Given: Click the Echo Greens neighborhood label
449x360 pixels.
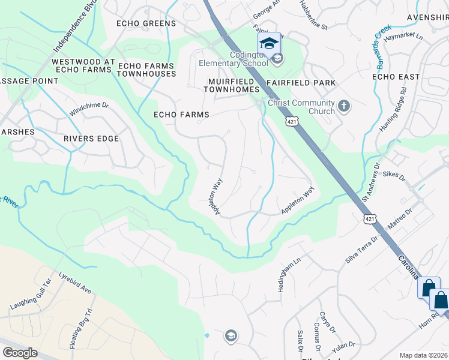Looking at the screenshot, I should click(147, 23).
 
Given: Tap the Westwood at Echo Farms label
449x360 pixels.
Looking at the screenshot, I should click(82, 65).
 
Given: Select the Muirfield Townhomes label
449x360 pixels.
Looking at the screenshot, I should click(233, 85).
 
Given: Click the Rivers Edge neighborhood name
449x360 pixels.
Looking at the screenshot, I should click(91, 139).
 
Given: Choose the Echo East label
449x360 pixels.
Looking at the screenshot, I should click(396, 77).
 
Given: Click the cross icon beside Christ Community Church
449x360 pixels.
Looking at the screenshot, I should click(343, 106).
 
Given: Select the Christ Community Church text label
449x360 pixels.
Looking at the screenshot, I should click(301, 107).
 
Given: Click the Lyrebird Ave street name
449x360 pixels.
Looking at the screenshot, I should click(75, 283).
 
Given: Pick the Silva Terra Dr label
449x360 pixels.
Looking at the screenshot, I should click(361, 249).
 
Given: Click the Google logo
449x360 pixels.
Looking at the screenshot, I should click(20, 352).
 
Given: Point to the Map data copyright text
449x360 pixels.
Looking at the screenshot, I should click(424, 355).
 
